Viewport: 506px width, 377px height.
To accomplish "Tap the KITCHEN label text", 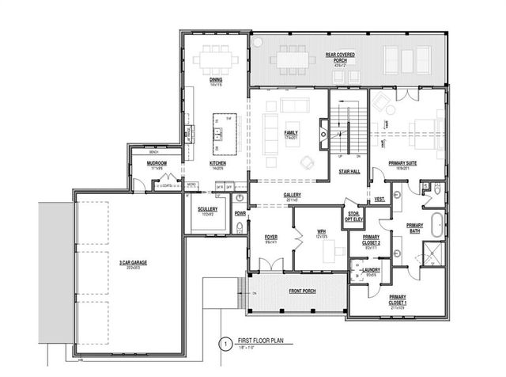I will coord(217,164).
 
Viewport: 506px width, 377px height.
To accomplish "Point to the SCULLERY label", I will coord(207,209).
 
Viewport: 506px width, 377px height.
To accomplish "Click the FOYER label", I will coord(271,236).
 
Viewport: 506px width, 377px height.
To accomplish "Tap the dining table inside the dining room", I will coord(216,59).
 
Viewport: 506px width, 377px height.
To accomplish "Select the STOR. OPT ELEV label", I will coord(352,215).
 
